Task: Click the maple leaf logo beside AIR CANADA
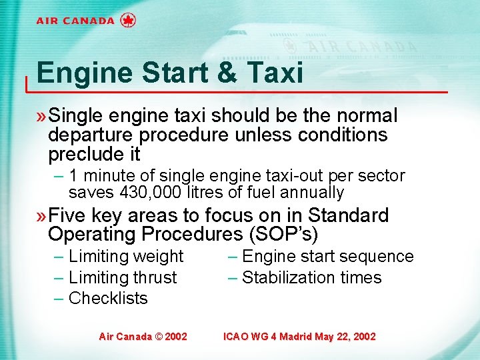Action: click(x=128, y=20)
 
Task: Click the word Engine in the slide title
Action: click(x=79, y=72)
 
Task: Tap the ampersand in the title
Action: click(x=228, y=72)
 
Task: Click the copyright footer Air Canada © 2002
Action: click(x=143, y=337)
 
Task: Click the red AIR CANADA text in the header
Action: click(x=75, y=21)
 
